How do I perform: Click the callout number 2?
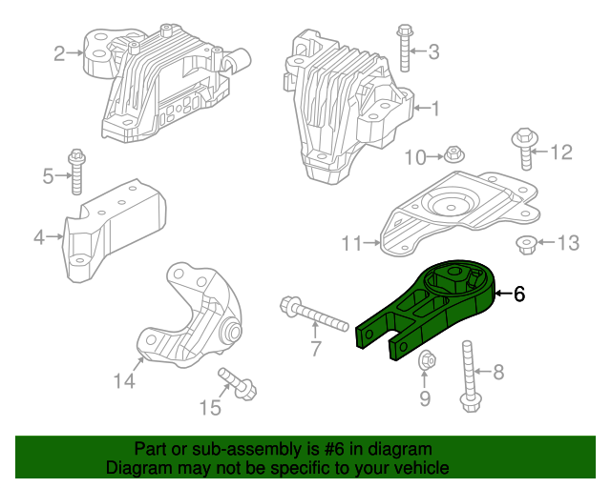[x=58, y=53]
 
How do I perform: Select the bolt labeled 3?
[x=405, y=48]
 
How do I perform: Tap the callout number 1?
[x=435, y=110]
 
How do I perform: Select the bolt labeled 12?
[x=524, y=149]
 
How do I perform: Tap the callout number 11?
[x=351, y=244]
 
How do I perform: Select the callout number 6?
[x=519, y=295]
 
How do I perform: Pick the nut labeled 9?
[x=426, y=361]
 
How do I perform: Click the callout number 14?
[x=124, y=381]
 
